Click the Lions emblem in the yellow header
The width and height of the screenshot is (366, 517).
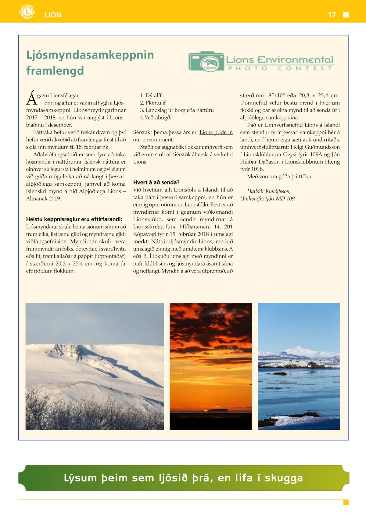[x=27, y=12]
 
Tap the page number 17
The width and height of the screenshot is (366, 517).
[x=332, y=15]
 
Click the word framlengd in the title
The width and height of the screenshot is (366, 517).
[x=55, y=71]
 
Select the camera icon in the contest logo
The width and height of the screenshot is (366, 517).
[x=206, y=61]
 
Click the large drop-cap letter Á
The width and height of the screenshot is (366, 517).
[x=31, y=98]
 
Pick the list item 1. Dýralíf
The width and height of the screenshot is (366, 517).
[x=151, y=95]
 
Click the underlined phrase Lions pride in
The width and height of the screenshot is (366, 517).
[x=216, y=132]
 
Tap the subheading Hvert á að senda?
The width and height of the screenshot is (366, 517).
[x=156, y=182]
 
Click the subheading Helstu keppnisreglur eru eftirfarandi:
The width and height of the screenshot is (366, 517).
[x=74, y=219]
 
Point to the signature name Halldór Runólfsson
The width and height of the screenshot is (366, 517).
[x=268, y=191]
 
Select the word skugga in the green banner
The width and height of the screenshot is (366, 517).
[x=284, y=478]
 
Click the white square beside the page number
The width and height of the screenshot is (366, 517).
[x=346, y=15]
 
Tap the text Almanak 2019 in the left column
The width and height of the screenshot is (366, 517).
[x=44, y=199]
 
